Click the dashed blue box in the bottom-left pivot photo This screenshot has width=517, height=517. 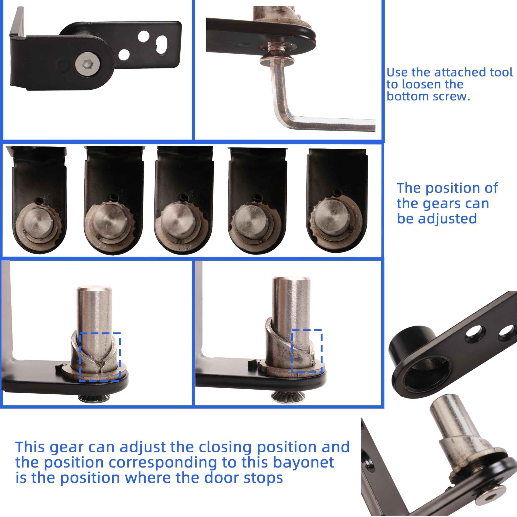(100, 357)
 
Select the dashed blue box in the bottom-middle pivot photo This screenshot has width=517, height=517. (307, 351)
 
